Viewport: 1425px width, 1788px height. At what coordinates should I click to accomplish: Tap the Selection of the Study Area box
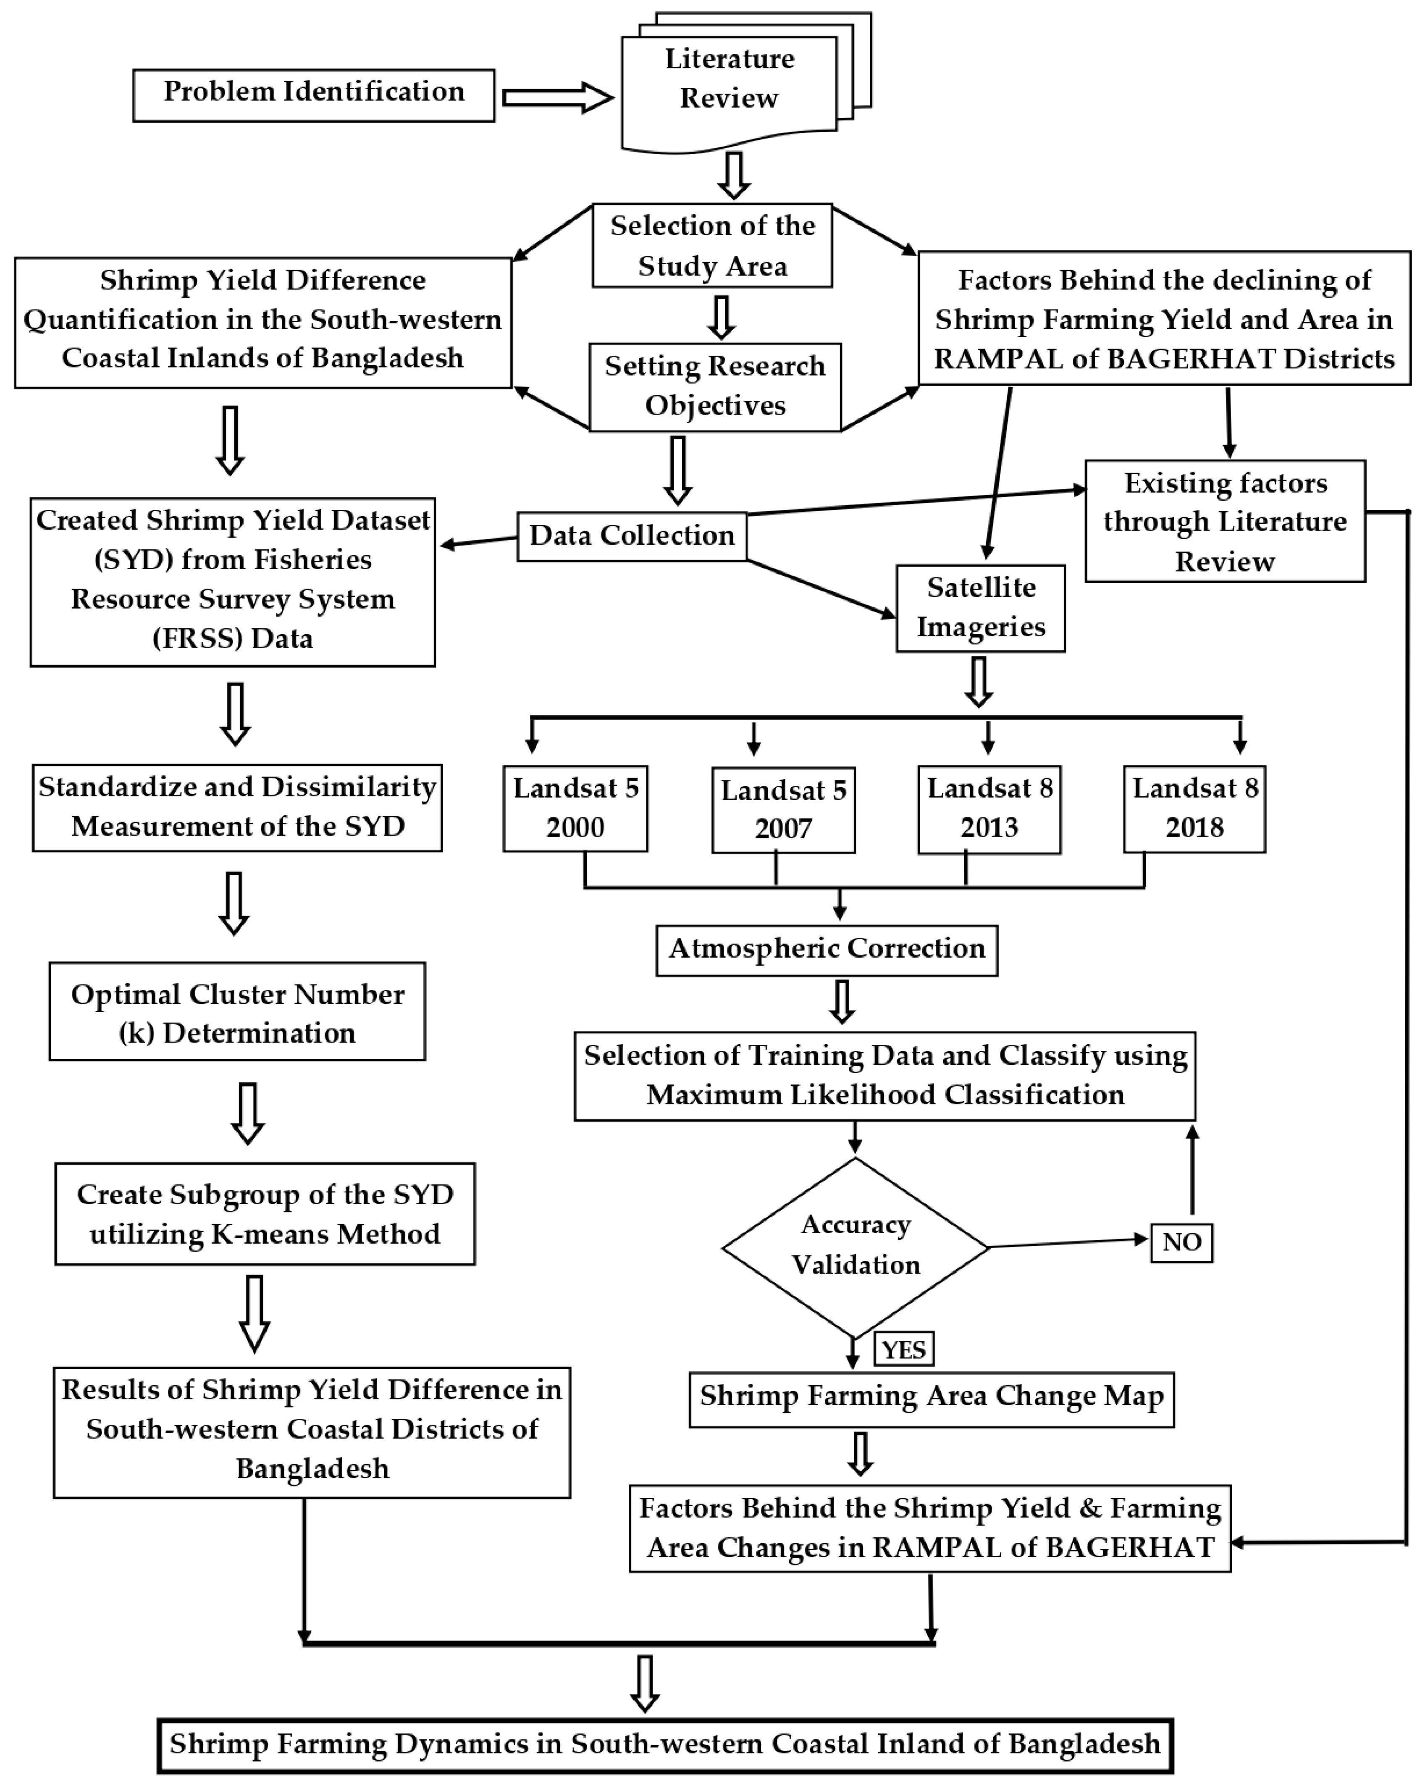(712, 245)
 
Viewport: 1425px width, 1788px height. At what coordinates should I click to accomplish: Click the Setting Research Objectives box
(715, 386)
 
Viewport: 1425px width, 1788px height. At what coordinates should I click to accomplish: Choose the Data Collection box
(632, 536)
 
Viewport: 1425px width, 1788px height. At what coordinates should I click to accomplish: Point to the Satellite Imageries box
(980, 608)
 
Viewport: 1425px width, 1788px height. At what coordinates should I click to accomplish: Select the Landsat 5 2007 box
(783, 809)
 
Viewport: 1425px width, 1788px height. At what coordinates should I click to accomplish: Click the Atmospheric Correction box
(826, 950)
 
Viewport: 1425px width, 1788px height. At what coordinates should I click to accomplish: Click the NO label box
(1181, 1242)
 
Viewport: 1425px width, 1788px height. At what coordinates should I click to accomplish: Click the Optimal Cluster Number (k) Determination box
(237, 1012)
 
